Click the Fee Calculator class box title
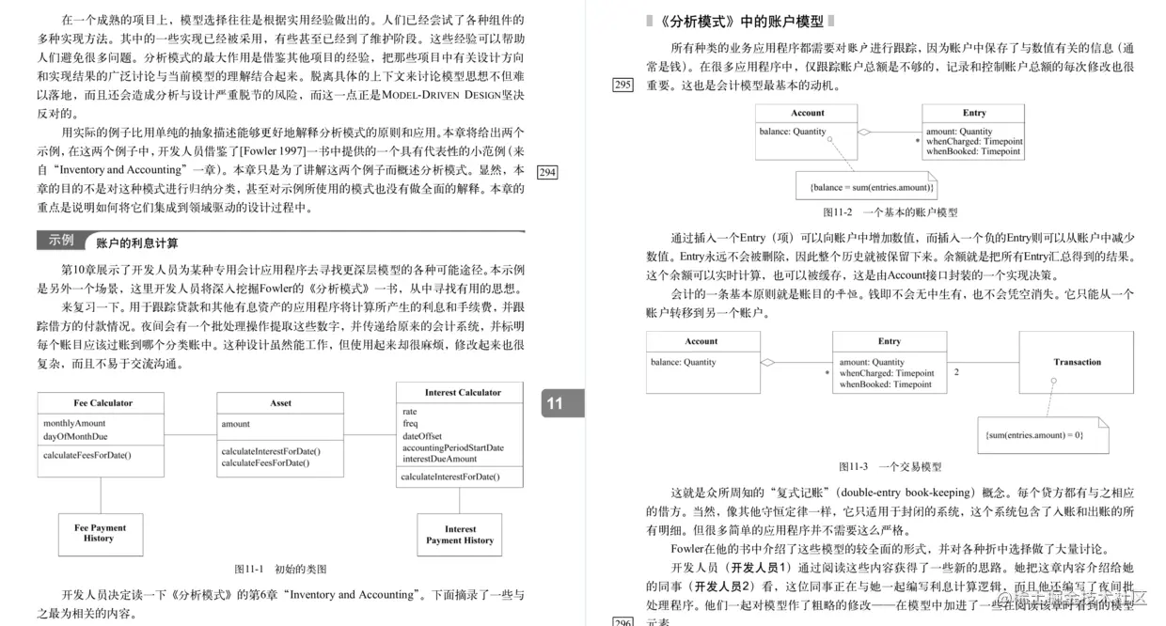tap(102, 403)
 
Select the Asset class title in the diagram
tap(280, 403)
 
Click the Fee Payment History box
tap(101, 533)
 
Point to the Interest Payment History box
tap(460, 535)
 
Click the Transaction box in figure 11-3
tap(1077, 362)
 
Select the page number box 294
tap(546, 172)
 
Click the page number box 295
tap(622, 85)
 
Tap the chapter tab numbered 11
tap(555, 403)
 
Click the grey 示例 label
tap(61, 241)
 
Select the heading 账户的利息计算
tap(137, 243)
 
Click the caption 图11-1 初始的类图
tap(280, 569)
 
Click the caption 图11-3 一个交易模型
tap(890, 466)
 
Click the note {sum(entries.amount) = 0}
tap(1034, 435)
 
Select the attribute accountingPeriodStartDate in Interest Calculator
tap(453, 447)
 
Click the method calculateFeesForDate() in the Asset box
tap(265, 462)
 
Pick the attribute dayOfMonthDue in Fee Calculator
tap(75, 436)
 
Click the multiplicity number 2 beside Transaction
tap(956, 372)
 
